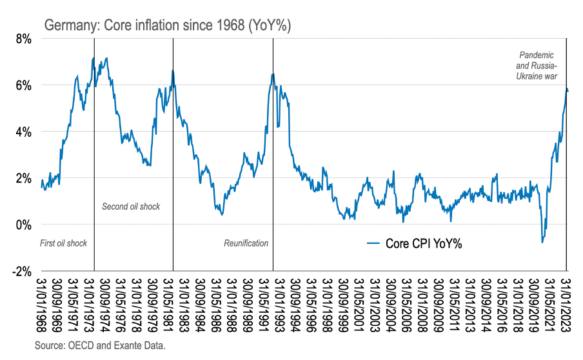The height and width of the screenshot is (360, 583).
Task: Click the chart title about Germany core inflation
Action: coord(168,26)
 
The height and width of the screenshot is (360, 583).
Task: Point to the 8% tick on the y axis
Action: coord(23,39)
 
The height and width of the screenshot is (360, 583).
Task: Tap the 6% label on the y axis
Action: coord(23,85)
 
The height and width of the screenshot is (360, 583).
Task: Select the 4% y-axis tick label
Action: coord(23,132)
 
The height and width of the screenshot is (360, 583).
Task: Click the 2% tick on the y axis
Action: coord(23,178)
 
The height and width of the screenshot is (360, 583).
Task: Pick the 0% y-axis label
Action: coord(23,225)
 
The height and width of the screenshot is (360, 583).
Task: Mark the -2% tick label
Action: coord(22,271)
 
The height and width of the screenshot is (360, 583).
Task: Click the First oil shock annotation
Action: coord(63,243)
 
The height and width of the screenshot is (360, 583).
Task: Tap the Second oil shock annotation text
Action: coord(131,206)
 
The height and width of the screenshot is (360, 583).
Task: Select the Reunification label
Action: coord(246,243)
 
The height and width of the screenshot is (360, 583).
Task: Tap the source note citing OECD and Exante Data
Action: coord(100,346)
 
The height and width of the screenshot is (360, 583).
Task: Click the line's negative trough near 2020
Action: coord(542,242)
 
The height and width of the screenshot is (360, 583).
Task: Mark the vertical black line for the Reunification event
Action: coord(273,161)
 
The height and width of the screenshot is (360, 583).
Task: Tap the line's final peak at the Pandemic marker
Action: coord(567,88)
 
